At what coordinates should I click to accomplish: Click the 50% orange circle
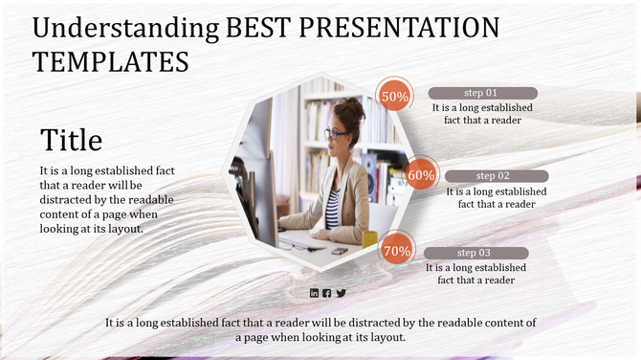pyautogui.click(x=395, y=96)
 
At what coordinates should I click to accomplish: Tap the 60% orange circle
pyautogui.click(x=421, y=175)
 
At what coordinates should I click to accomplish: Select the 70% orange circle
pyautogui.click(x=396, y=251)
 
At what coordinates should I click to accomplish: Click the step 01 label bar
pyautogui.click(x=482, y=93)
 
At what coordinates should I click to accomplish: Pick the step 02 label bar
pyautogui.click(x=496, y=176)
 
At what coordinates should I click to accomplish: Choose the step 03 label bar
pyautogui.click(x=475, y=253)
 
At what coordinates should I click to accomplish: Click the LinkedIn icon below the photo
pyautogui.click(x=314, y=292)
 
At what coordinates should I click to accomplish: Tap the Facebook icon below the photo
pyautogui.click(x=327, y=292)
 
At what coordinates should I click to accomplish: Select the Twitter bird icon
pyautogui.click(x=341, y=292)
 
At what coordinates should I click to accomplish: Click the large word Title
pyautogui.click(x=71, y=141)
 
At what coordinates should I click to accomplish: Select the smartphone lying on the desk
pyautogui.click(x=340, y=250)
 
